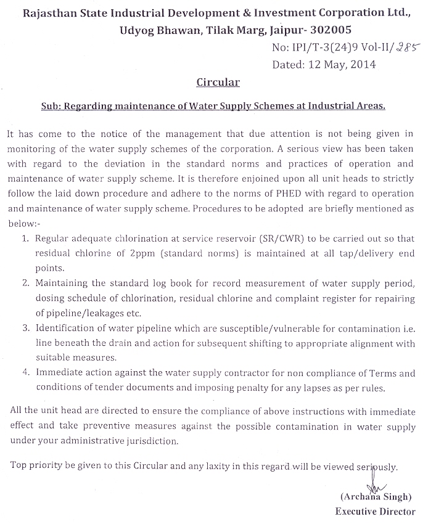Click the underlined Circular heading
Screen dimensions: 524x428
point(218,81)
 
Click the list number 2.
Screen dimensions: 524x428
point(26,284)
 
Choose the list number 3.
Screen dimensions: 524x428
point(26,329)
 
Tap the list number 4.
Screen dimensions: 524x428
point(26,373)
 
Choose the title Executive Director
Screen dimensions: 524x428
point(374,511)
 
